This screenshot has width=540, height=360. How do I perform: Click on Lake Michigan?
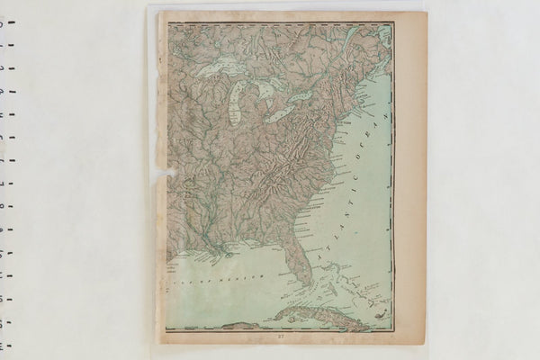pos(236,104)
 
